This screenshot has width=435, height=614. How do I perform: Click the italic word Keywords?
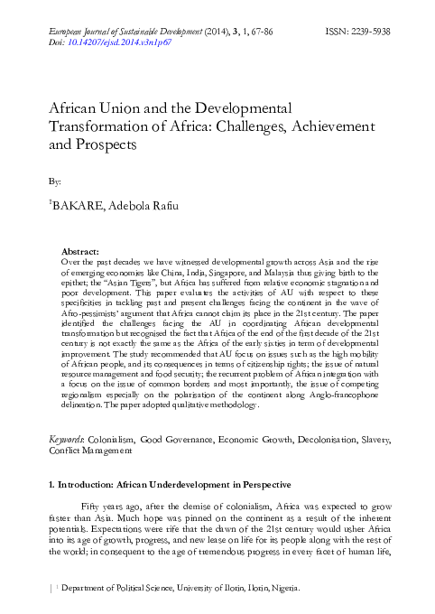(x=67, y=438)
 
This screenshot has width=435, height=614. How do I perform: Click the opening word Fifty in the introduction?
(x=93, y=507)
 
